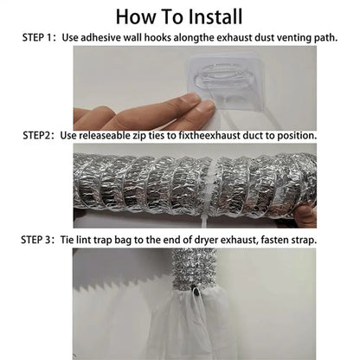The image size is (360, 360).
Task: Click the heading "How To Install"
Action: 179,16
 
